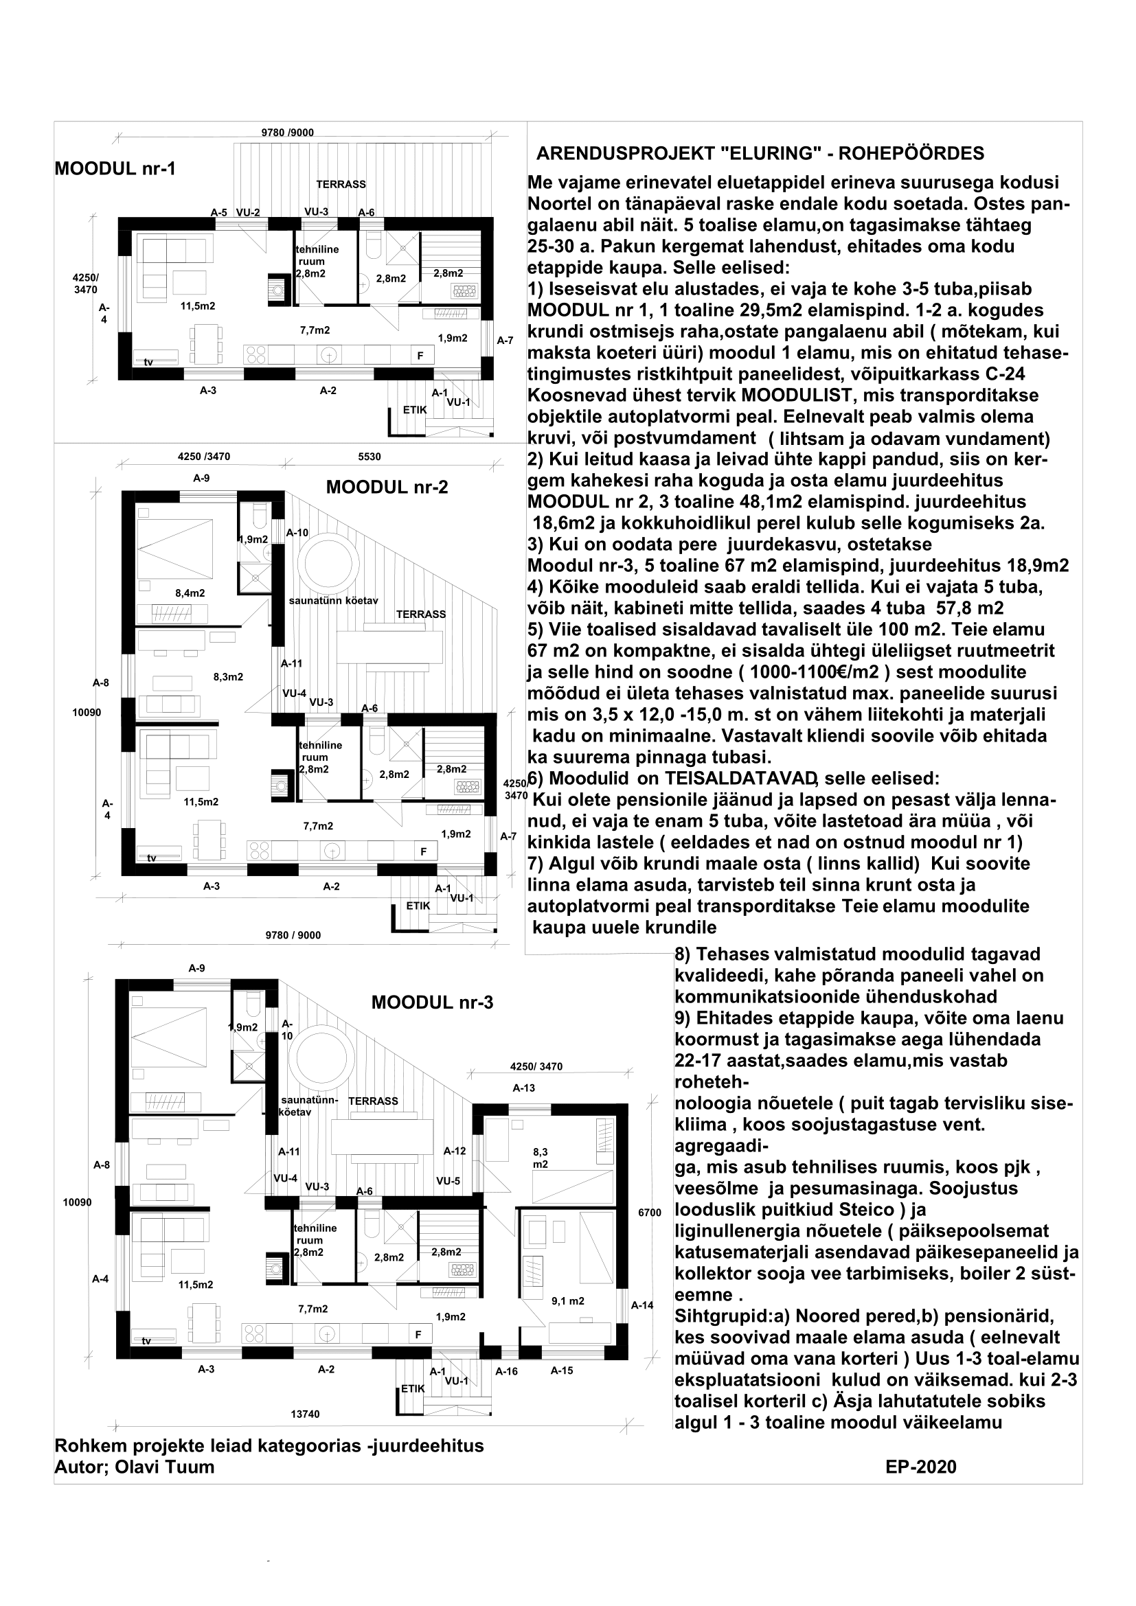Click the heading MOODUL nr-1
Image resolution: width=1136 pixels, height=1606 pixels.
115,169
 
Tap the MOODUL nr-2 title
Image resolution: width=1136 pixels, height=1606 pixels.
386,487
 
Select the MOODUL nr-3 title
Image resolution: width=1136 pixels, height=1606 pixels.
431,1002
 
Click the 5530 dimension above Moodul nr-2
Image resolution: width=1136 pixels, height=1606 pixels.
370,457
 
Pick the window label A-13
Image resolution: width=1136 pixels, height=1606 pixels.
523,1088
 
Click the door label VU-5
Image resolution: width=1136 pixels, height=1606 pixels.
448,1181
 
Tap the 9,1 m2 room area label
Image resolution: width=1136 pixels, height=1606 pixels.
567,1301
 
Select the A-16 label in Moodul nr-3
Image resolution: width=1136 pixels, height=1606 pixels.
506,1371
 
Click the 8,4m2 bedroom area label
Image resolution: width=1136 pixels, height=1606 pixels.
190,593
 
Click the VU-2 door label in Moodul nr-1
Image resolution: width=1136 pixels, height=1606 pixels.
248,212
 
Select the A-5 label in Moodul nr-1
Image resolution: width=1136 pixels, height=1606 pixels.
219,212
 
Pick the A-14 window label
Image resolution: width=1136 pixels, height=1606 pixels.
641,1305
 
